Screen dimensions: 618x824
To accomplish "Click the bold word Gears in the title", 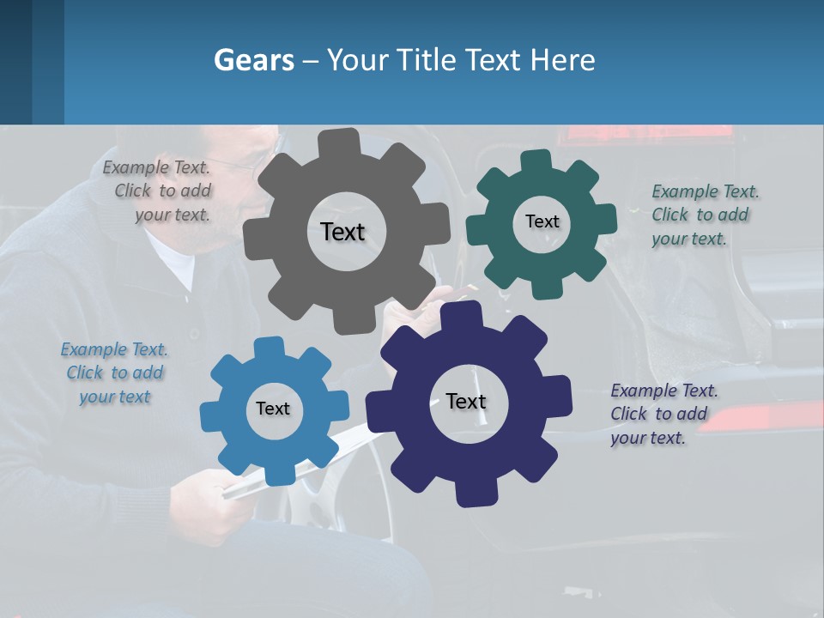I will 253,60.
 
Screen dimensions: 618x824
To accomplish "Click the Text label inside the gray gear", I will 342,232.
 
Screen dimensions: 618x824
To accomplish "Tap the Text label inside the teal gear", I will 542,221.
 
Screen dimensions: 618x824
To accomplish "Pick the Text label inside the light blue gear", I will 273,409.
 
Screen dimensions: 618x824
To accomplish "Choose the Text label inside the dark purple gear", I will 466,401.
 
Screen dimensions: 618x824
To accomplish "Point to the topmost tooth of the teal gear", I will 536,161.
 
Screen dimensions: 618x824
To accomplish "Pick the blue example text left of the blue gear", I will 114,373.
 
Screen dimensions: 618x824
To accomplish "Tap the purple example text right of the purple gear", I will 663,414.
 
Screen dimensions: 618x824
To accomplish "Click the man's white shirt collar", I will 176,262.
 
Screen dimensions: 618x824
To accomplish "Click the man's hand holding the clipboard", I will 202,498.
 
